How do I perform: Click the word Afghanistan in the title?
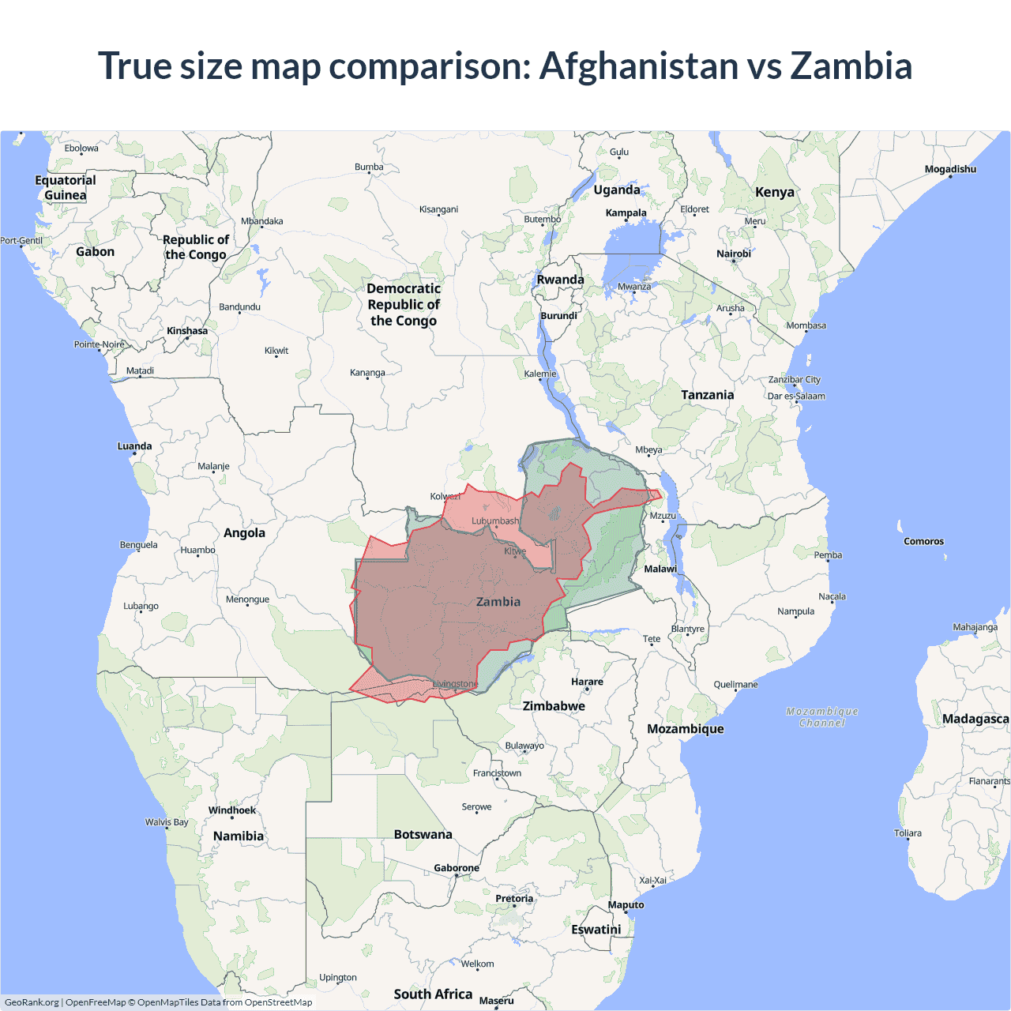pyautogui.click(x=638, y=66)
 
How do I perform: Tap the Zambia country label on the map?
pyautogui.click(x=498, y=602)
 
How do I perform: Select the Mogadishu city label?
pyautogui.click(x=950, y=169)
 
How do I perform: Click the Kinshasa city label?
pyautogui.click(x=187, y=331)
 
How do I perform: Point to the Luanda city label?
pyautogui.click(x=134, y=446)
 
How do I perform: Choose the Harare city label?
pyautogui.click(x=587, y=682)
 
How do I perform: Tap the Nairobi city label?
pyautogui.click(x=734, y=254)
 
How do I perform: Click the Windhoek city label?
pyautogui.click(x=232, y=810)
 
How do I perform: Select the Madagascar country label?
pyautogui.click(x=975, y=719)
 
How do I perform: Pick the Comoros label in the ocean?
pyautogui.click(x=923, y=542)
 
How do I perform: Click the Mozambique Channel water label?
pyautogui.click(x=822, y=717)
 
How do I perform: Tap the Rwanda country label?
pyautogui.click(x=561, y=280)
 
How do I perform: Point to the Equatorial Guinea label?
pyautogui.click(x=66, y=188)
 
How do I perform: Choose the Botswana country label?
pyautogui.click(x=423, y=835)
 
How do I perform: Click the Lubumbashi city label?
pyautogui.click(x=496, y=521)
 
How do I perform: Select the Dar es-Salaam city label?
pyautogui.click(x=796, y=397)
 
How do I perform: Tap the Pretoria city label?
pyautogui.click(x=514, y=899)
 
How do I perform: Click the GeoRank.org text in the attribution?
pyautogui.click(x=32, y=1002)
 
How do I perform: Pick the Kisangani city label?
pyautogui.click(x=438, y=209)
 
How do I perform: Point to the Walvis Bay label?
pyautogui.click(x=167, y=822)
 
